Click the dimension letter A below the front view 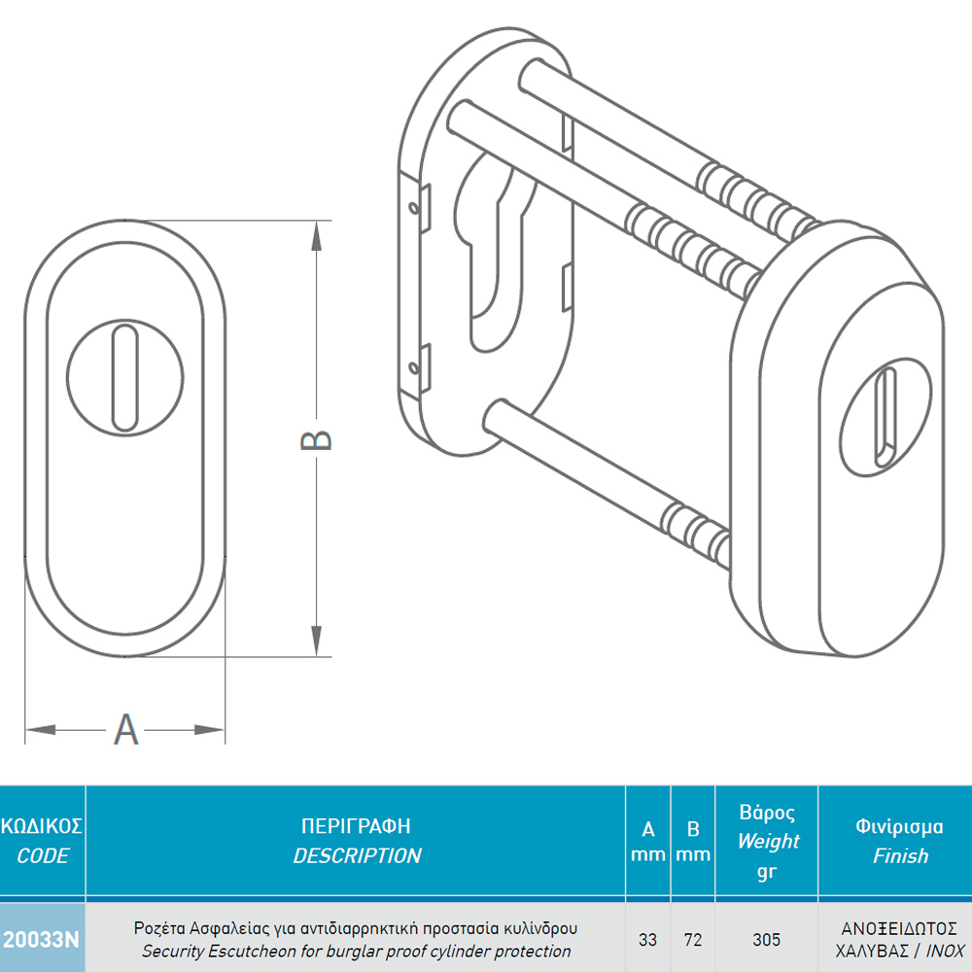125,730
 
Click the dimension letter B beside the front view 316,440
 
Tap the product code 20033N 41,940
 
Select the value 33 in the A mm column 647,940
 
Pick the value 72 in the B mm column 693,940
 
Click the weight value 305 766,940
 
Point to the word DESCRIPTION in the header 357,856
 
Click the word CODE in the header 42,856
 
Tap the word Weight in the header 768,841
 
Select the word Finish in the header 901,856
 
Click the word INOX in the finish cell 946,951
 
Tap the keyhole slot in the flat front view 124,377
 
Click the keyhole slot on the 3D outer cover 885,416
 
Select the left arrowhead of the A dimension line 41,730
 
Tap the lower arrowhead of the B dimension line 316,641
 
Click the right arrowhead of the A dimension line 210,730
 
